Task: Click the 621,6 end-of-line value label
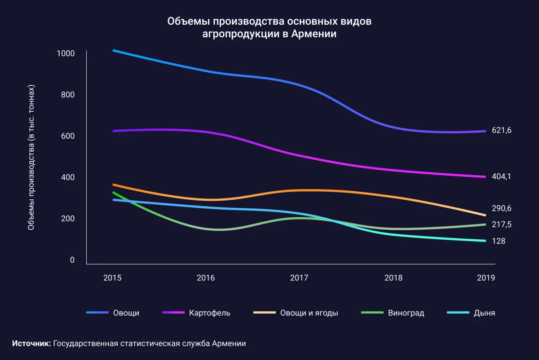[x=502, y=131]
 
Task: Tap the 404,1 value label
[x=502, y=177]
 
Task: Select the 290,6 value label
[x=502, y=208]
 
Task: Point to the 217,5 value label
[x=502, y=224]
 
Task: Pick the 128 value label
[x=498, y=241]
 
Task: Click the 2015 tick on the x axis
[x=112, y=278]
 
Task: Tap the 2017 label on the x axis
[x=299, y=278]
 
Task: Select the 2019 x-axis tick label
[x=486, y=278]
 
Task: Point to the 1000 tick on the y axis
[x=66, y=53]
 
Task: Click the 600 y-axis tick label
[x=68, y=136]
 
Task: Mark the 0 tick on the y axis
[x=72, y=260]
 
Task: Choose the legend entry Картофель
[x=210, y=313]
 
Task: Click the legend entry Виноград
[x=406, y=313]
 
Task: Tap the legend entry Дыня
[x=484, y=313]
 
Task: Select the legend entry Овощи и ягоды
[x=309, y=313]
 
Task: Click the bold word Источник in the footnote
[x=31, y=343]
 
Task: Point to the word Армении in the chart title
[x=315, y=34]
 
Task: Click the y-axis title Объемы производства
[x=31, y=157]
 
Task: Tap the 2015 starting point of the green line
[x=113, y=193]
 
